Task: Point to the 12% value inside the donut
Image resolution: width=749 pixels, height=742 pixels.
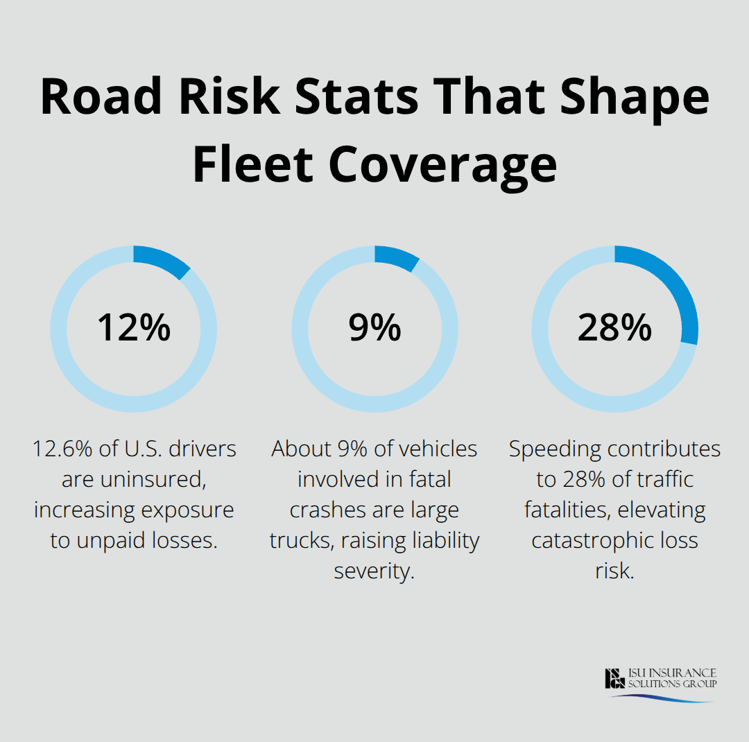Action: click(x=133, y=327)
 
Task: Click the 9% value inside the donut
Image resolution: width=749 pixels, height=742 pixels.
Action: click(x=374, y=327)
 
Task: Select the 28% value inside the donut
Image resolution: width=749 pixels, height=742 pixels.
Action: click(x=614, y=327)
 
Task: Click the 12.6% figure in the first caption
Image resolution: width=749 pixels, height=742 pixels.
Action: click(x=64, y=449)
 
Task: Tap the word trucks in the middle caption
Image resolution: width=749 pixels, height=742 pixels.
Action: click(x=301, y=541)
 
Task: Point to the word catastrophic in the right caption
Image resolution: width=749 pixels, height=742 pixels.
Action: click(x=594, y=541)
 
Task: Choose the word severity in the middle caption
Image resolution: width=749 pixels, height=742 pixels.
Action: click(x=374, y=571)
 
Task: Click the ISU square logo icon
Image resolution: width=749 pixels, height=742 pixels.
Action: click(x=615, y=678)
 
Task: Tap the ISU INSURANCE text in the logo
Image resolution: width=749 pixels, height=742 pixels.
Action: click(x=673, y=673)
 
